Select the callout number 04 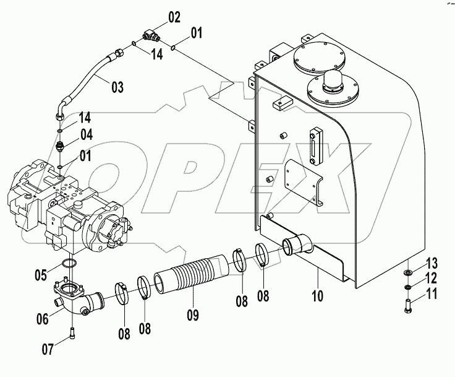coord(86,134)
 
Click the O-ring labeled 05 coord(69,265)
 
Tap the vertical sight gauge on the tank coord(316,147)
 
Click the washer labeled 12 coord(409,287)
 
